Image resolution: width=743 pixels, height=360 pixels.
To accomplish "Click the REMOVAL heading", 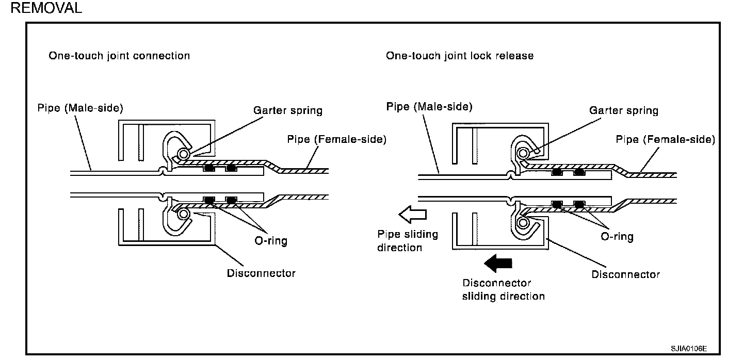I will (x=46, y=8).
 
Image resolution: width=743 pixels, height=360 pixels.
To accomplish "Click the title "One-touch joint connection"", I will (x=119, y=56).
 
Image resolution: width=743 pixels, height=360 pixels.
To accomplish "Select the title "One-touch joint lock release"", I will (x=460, y=56).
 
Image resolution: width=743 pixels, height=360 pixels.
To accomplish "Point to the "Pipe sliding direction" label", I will (x=408, y=241).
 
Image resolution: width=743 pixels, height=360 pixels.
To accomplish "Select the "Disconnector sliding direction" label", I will (x=503, y=289).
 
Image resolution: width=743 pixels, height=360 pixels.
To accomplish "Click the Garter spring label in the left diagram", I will (x=287, y=110).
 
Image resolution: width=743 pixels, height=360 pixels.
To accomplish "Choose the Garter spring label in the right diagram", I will (x=624, y=110).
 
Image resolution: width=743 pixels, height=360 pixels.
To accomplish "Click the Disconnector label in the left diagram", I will (x=261, y=273).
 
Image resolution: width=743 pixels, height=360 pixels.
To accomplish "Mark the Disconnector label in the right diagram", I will (x=626, y=274).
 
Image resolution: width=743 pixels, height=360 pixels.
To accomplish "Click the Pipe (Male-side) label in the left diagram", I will (x=80, y=108).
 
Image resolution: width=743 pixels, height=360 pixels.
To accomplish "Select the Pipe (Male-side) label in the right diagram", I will (x=429, y=107).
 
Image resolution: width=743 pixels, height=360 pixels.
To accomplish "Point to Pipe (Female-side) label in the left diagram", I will (x=336, y=139).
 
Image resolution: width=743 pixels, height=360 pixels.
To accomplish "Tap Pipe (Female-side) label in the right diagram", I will (x=666, y=139).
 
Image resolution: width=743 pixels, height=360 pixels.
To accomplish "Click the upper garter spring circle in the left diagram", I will (x=182, y=153).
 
